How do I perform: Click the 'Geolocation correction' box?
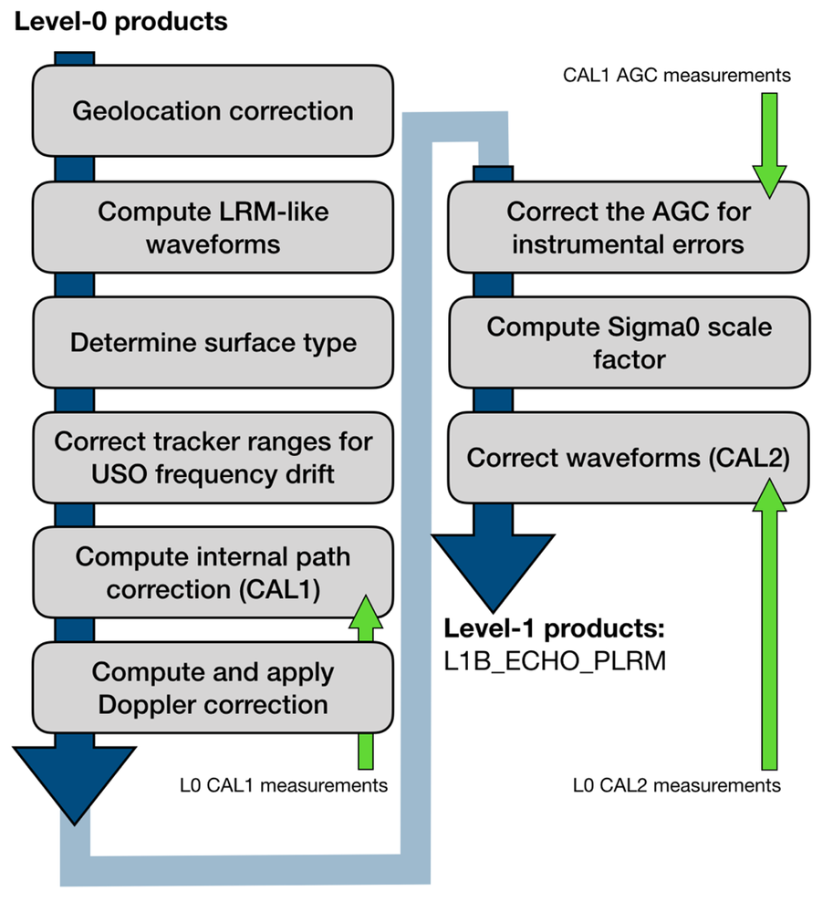click(213, 110)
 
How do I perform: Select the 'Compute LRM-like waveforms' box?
click(213, 227)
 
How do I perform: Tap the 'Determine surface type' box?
click(213, 342)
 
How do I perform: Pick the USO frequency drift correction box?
click(213, 457)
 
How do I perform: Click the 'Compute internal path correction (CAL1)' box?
click(213, 573)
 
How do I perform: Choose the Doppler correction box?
click(213, 688)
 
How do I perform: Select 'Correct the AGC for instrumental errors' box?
click(629, 227)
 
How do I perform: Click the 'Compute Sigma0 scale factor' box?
click(629, 342)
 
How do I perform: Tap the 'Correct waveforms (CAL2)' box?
click(629, 457)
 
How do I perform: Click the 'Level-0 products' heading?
click(121, 22)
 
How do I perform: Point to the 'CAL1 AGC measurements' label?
click(676, 75)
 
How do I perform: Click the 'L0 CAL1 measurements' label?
click(283, 785)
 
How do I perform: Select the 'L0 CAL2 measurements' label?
click(676, 785)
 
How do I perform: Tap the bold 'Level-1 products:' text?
click(554, 628)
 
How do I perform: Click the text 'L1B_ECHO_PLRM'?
click(555, 660)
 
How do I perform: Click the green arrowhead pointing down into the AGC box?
click(770, 181)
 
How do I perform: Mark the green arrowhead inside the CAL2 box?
click(770, 495)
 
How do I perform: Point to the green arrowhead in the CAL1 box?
click(366, 611)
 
